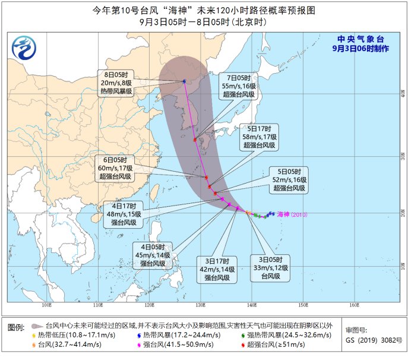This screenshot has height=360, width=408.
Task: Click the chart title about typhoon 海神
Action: click(204, 10)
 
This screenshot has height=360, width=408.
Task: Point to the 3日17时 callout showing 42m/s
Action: click(217, 269)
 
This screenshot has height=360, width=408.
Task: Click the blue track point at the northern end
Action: click(185, 81)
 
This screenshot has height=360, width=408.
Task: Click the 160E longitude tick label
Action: click(354, 306)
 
